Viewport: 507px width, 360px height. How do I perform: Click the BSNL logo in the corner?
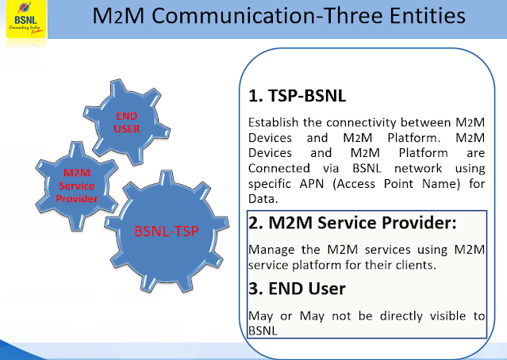[26, 19]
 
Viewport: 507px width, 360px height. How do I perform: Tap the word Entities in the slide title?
[427, 16]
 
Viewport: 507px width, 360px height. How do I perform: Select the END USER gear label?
[127, 122]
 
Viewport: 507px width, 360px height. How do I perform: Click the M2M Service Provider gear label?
[77, 186]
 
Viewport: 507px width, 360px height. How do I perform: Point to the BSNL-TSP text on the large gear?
[166, 232]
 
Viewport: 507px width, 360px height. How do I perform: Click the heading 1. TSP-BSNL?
[298, 96]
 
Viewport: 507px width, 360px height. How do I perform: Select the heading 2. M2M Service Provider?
[352, 223]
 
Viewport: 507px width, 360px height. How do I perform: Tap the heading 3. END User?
[297, 289]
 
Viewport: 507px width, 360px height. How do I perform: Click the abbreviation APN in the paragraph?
[312, 184]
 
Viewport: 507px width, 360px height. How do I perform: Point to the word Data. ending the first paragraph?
[263, 199]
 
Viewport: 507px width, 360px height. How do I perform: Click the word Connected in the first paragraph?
[279, 168]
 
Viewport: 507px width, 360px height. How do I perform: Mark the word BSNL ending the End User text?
[263, 331]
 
